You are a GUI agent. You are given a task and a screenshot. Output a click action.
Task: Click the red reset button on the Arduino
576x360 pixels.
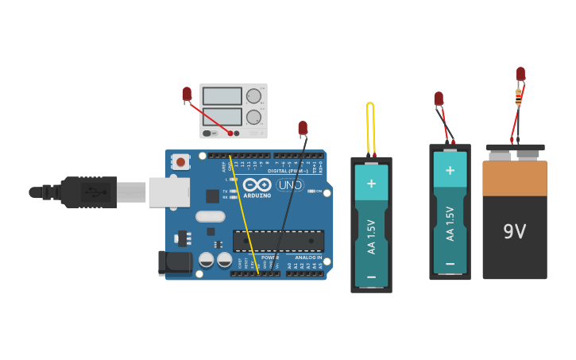coord(180,162)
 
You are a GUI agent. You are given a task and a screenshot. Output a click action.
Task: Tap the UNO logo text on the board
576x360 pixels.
coord(290,185)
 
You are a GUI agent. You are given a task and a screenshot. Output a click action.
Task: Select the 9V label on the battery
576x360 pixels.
coord(514,231)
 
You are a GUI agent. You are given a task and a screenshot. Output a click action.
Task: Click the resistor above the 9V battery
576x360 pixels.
coord(518,97)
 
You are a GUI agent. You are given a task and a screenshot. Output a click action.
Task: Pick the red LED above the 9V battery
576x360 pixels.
coord(520,74)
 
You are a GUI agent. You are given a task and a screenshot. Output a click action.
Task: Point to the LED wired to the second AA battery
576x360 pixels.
coord(439,99)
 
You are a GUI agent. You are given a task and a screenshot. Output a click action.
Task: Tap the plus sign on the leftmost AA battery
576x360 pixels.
coord(371,182)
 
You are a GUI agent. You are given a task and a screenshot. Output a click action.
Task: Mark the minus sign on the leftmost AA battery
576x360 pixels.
coord(371,276)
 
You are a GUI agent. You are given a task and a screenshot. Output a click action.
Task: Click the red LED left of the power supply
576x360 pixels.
coord(187,95)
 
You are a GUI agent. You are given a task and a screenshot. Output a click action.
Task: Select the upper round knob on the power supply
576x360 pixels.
coord(253,96)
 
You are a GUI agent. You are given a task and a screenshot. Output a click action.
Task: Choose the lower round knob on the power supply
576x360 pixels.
coord(253,118)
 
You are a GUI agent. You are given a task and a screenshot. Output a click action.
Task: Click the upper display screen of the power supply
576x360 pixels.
coord(222,96)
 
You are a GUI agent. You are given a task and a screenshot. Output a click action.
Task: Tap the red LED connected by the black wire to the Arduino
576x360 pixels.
coord(303,128)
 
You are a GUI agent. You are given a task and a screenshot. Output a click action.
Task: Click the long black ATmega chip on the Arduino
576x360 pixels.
coord(278,241)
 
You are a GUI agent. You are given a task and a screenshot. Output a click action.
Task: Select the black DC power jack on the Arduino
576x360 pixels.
coord(175,263)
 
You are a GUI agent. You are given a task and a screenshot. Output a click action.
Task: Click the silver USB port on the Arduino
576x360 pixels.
coord(169,192)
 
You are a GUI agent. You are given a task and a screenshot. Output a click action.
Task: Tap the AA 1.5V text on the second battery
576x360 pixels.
coord(450,223)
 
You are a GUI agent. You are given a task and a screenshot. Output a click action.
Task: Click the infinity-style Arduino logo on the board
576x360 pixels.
coord(257,184)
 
